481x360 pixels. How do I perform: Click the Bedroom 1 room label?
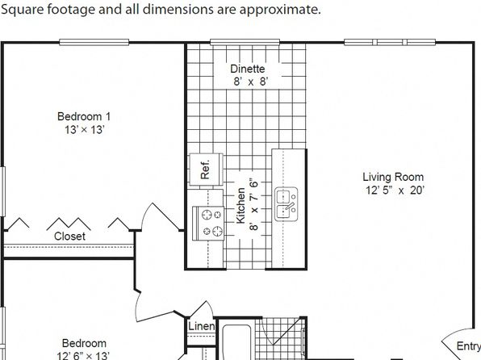pyautogui.click(x=84, y=116)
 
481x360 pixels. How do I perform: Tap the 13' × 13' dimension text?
pyautogui.click(x=85, y=130)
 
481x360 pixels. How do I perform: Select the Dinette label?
pyautogui.click(x=248, y=69)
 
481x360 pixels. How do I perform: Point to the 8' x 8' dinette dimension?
pyautogui.click(x=251, y=82)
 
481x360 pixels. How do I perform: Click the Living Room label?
pyautogui.click(x=393, y=177)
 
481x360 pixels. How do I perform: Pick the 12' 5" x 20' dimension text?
pyautogui.click(x=395, y=190)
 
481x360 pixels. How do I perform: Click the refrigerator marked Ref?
pyautogui.click(x=206, y=170)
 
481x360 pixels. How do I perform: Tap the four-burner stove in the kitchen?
pyautogui.click(x=208, y=223)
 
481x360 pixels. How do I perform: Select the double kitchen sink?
pyautogui.click(x=286, y=204)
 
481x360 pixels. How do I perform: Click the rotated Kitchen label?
pyautogui.click(x=240, y=206)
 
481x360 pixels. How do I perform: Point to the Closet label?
pyautogui.click(x=69, y=236)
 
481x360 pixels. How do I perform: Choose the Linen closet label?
pyautogui.click(x=201, y=326)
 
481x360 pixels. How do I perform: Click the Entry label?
pyautogui.click(x=469, y=346)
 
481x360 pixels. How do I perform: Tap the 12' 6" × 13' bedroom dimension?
pyautogui.click(x=83, y=356)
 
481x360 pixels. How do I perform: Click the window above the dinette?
pyautogui.click(x=245, y=42)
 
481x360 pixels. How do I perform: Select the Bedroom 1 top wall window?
pyautogui.click(x=94, y=42)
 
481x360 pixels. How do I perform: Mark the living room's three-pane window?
pyautogui.click(x=390, y=42)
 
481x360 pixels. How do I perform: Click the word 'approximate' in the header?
pyautogui.click(x=279, y=10)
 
